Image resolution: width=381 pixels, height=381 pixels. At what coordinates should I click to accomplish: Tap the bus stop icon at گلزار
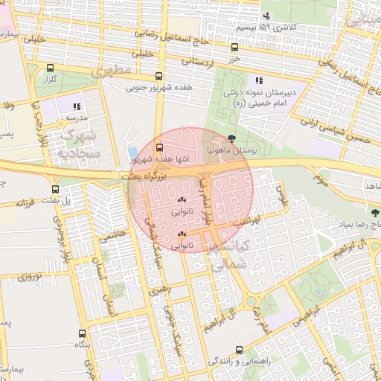click(x=50, y=68)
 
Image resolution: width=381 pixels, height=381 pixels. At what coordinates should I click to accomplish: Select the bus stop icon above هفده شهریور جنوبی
click(x=158, y=76)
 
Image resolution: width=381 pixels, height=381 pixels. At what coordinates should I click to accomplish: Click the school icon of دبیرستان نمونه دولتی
click(x=258, y=80)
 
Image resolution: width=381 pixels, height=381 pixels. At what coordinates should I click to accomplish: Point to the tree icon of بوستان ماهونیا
click(x=232, y=138)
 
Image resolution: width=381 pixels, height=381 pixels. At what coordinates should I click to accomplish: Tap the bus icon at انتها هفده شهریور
click(x=159, y=147)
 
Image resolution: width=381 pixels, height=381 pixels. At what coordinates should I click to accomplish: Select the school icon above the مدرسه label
click(x=76, y=106)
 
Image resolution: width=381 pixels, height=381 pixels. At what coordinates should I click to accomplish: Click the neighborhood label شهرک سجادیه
click(x=80, y=144)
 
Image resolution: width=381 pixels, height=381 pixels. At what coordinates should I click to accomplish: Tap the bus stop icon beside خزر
click(x=237, y=45)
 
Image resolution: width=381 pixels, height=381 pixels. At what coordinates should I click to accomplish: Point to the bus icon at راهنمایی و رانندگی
click(x=238, y=350)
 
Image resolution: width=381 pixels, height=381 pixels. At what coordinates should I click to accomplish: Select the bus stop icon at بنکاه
click(x=82, y=334)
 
